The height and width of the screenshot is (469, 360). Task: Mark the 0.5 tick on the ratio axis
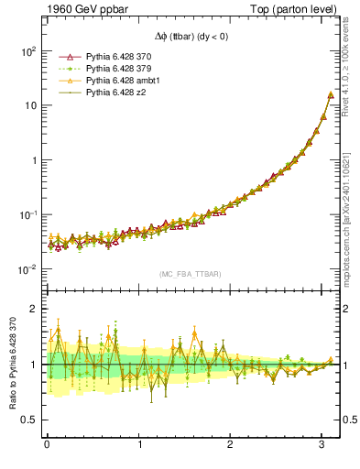pos(30,420)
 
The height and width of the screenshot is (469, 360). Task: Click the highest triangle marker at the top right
pos(330,94)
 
